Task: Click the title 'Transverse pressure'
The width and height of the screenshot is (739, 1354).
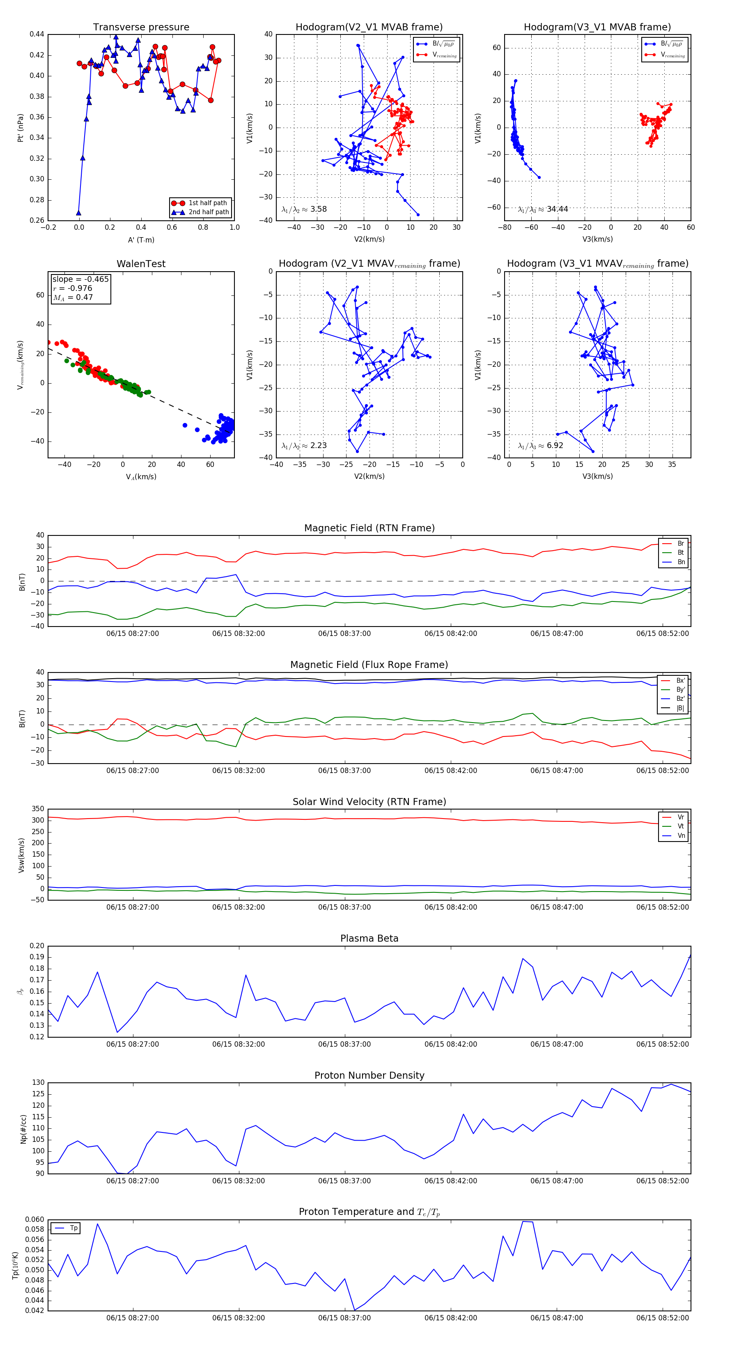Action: pos(141,27)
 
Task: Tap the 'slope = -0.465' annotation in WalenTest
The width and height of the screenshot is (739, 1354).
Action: pos(80,279)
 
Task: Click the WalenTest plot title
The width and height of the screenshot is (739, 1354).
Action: pos(141,264)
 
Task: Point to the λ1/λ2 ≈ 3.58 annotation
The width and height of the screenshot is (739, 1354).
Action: pos(304,209)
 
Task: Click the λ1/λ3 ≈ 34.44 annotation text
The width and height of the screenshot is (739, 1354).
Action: pos(543,209)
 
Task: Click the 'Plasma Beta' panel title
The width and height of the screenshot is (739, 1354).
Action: pos(369,938)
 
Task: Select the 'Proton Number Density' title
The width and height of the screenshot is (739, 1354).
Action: pos(369,1075)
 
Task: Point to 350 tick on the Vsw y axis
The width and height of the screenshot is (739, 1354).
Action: pos(38,809)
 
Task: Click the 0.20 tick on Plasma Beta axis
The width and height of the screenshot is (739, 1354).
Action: pos(37,946)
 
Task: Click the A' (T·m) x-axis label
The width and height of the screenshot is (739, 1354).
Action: pos(141,240)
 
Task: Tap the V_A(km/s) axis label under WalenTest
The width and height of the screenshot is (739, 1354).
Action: pos(141,477)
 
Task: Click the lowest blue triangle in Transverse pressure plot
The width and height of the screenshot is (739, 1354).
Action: pos(78,213)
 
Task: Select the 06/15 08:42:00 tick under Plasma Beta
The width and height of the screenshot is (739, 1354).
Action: pos(451,1044)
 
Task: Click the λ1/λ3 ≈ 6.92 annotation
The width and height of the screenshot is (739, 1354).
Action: pos(541,446)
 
